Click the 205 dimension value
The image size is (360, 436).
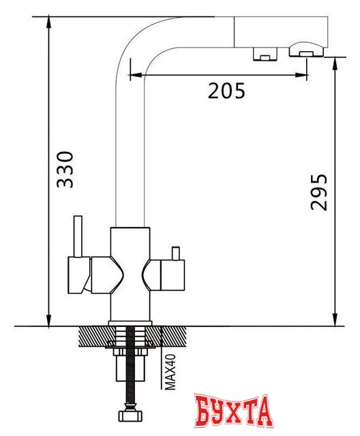[x=226, y=90]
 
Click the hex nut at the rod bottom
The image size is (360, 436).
[x=126, y=416]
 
